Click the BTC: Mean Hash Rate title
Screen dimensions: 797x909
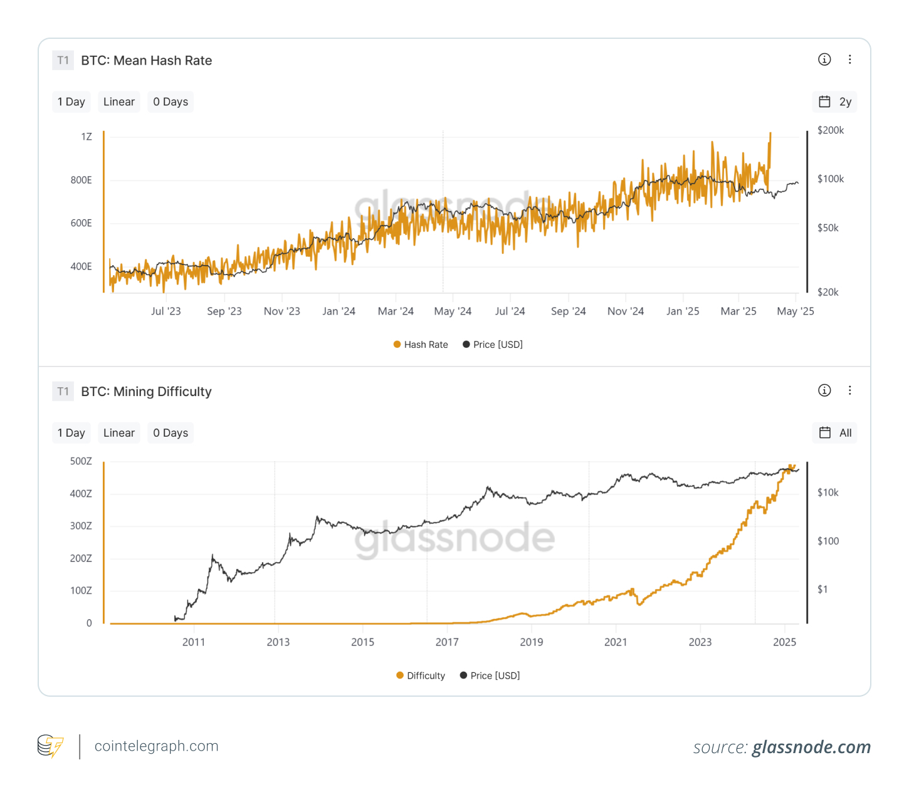tap(146, 61)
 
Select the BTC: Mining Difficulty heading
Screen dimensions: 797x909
tap(146, 392)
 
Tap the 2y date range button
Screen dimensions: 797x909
tap(835, 102)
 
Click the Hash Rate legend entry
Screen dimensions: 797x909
tap(421, 345)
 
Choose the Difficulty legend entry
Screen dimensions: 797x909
tap(421, 675)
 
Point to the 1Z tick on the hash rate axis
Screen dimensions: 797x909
tap(87, 137)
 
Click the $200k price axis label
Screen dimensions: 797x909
tap(831, 130)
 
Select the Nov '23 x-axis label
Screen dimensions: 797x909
tap(281, 311)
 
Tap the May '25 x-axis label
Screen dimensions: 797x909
tap(795, 311)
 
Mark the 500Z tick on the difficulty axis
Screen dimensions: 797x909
tap(81, 461)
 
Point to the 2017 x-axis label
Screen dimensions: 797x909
tap(447, 642)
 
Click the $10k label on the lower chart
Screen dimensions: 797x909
tap(828, 492)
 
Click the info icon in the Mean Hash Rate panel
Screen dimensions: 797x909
tap(824, 60)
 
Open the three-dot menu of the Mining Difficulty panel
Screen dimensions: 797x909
tap(850, 390)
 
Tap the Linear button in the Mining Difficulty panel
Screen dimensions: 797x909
tap(119, 433)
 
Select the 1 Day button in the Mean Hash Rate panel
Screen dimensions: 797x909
tap(71, 102)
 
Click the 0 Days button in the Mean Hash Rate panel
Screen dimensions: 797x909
tap(171, 102)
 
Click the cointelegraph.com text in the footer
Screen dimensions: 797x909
tap(156, 746)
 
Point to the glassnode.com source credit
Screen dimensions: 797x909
tap(811, 747)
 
